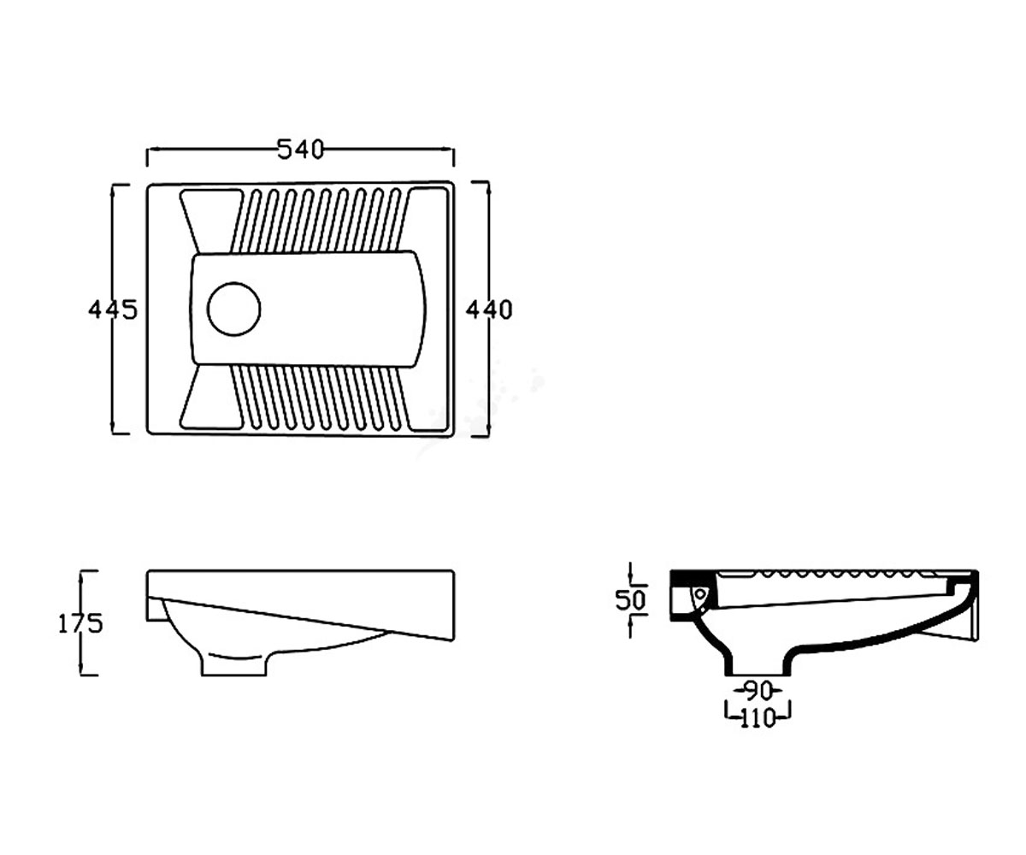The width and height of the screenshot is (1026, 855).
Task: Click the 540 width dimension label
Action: [x=300, y=150]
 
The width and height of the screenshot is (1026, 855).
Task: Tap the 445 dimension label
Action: [x=113, y=310]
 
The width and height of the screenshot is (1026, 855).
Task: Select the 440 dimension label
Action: [x=489, y=310]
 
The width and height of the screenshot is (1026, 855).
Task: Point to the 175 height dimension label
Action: [x=80, y=623]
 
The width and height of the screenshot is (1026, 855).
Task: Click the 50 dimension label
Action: [x=630, y=600]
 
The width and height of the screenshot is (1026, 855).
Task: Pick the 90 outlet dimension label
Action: [x=758, y=692]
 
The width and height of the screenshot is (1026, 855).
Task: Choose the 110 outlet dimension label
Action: [x=758, y=719]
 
